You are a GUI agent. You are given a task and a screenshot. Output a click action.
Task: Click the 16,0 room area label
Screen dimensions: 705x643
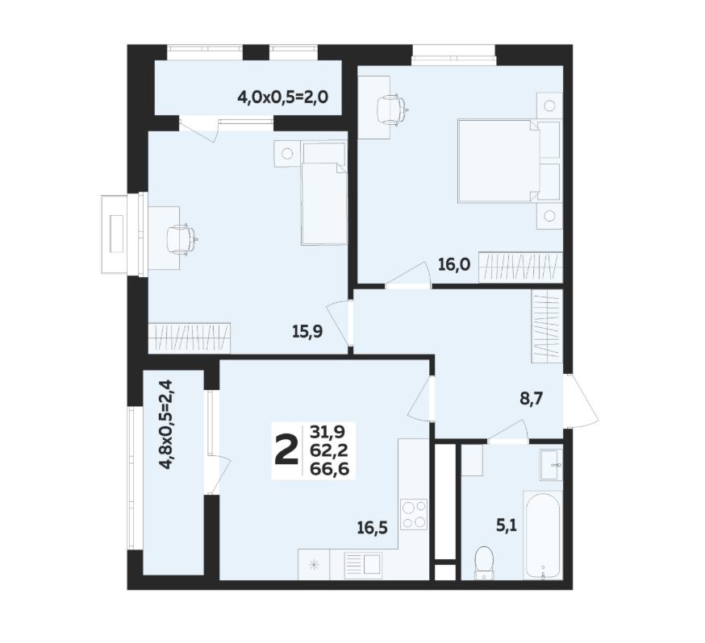(454, 265)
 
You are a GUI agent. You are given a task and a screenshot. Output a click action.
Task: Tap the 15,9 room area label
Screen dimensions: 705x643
(307, 332)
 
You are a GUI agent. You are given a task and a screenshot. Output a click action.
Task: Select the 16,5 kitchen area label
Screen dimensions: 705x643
(373, 528)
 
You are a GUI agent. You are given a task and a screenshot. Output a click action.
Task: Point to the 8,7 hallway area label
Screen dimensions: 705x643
(532, 398)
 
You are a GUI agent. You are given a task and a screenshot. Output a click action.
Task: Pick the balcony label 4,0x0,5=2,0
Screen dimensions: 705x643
(283, 96)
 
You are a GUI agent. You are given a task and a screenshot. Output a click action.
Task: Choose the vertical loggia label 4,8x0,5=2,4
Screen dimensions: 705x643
(167, 424)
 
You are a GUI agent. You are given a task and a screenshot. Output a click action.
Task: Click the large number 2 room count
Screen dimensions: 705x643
(286, 450)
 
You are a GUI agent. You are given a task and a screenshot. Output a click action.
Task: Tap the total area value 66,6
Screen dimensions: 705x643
(330, 469)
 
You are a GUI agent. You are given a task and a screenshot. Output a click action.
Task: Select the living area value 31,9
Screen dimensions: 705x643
(327, 432)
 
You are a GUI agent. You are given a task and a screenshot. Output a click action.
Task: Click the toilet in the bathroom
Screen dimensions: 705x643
(485, 562)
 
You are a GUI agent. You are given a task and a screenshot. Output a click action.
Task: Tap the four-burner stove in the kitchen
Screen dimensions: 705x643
(414, 515)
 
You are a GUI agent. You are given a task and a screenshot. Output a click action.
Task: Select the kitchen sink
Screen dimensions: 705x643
(363, 564)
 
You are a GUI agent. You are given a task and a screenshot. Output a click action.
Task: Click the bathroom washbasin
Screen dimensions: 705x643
(551, 464)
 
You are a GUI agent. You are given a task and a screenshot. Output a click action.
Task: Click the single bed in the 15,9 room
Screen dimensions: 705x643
(324, 194)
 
